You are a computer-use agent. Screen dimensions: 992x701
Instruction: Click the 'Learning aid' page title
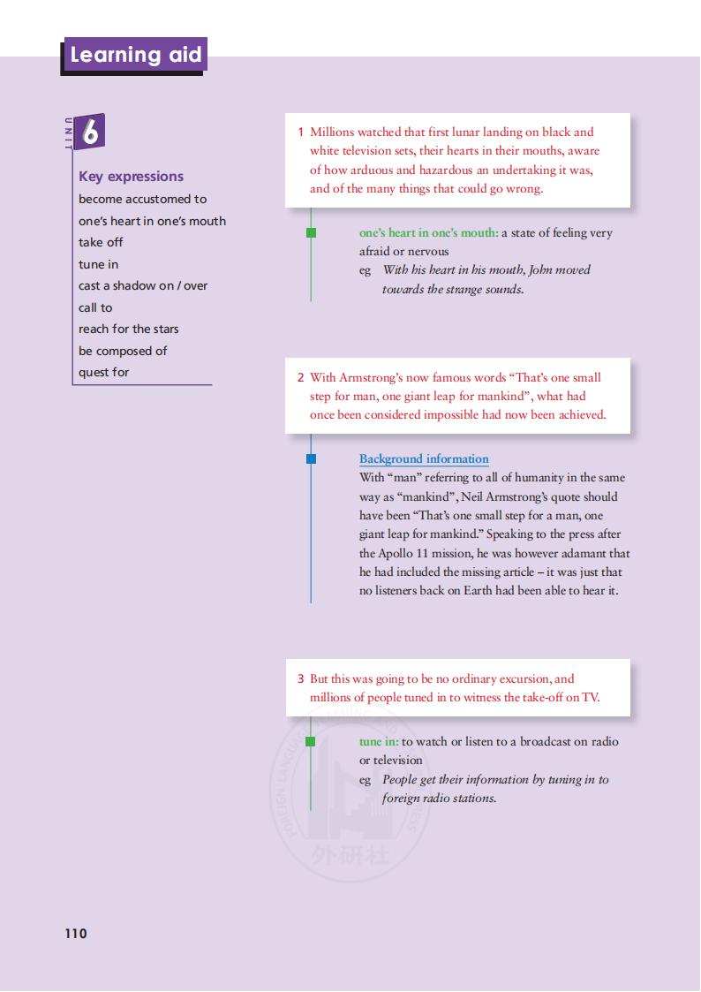(x=135, y=55)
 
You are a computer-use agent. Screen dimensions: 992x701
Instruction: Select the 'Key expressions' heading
(x=131, y=176)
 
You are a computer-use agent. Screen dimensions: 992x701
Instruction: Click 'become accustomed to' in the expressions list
(x=142, y=199)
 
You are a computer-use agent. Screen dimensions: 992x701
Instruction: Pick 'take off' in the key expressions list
(x=101, y=242)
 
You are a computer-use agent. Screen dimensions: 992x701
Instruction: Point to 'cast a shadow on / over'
(x=143, y=285)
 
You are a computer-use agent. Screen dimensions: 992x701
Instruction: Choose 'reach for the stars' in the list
(x=128, y=329)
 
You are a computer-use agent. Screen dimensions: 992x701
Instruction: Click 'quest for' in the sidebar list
(x=103, y=372)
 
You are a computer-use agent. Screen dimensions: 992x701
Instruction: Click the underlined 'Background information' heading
(x=424, y=458)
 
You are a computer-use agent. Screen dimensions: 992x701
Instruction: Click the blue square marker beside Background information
(x=311, y=458)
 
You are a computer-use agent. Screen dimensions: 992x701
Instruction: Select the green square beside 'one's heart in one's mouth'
(x=311, y=233)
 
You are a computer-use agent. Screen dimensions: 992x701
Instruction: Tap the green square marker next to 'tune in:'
(x=311, y=741)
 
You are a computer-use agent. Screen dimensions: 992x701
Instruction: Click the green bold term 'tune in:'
(x=379, y=741)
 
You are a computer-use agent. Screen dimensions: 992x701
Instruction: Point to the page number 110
(x=76, y=934)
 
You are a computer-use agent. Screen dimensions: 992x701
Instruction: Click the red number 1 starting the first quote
(x=301, y=132)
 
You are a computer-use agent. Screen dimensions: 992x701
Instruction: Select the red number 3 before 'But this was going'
(x=301, y=678)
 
